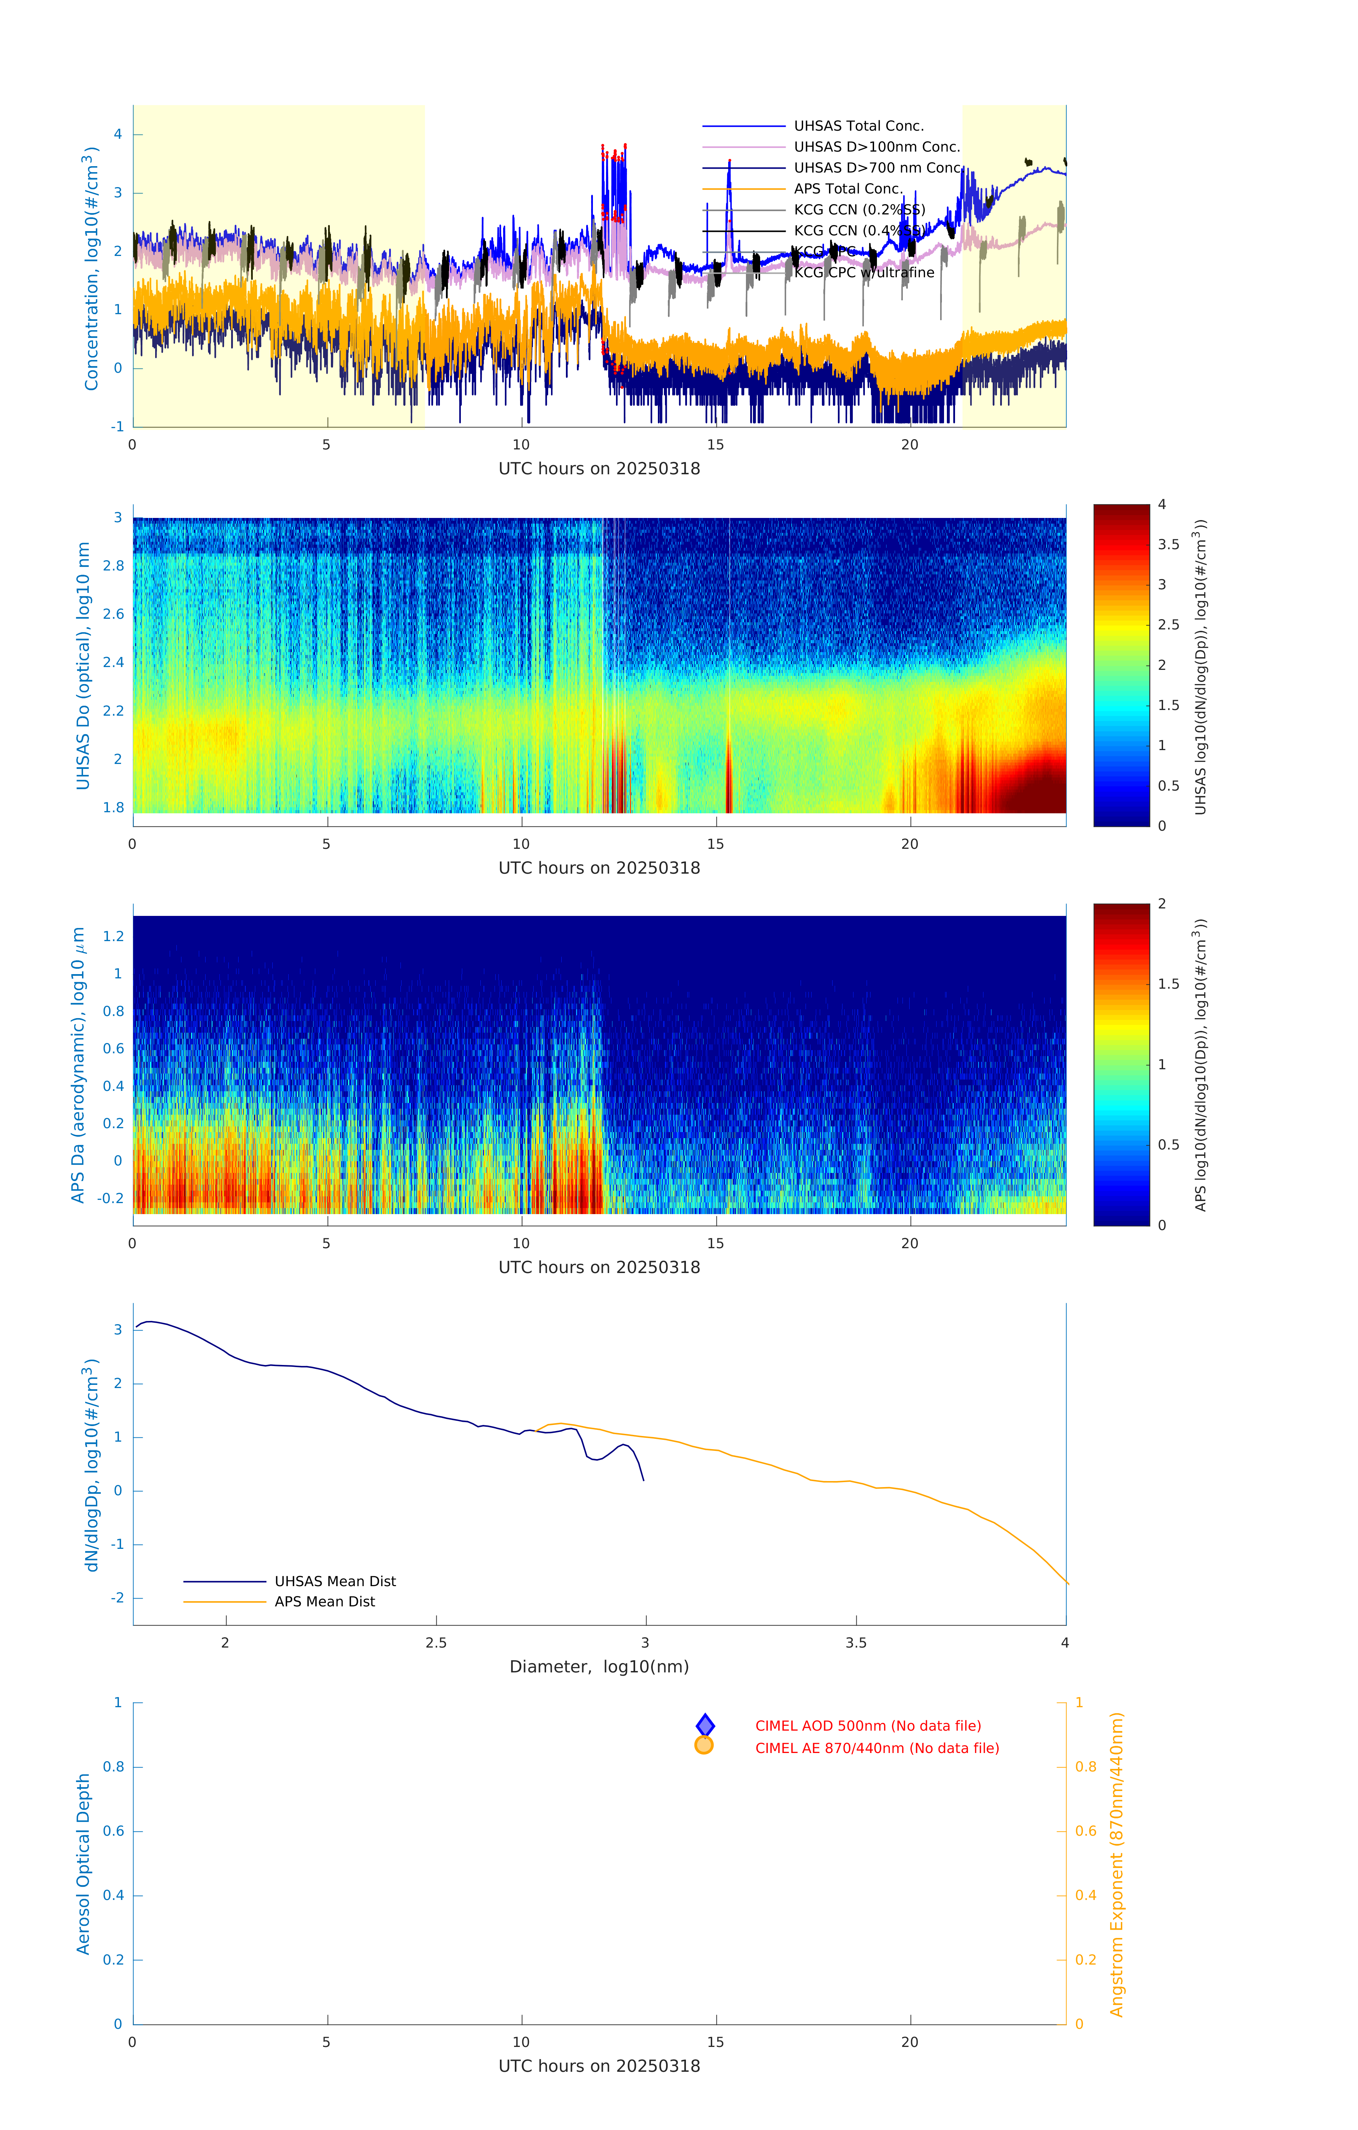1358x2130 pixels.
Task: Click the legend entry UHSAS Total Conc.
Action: [858, 126]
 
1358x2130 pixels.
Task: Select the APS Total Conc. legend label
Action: [847, 189]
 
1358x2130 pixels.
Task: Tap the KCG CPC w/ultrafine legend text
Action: [863, 272]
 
